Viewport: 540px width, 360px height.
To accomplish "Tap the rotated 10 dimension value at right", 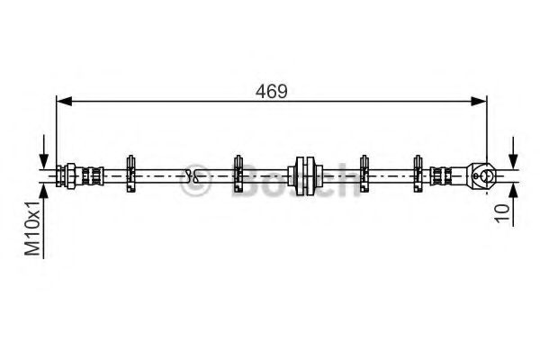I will coord(503,213).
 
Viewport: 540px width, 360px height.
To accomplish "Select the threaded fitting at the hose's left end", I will coord(76,174).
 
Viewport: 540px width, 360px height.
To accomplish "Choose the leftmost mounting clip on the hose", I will coord(130,174).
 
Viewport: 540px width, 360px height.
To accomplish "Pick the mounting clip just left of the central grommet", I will coord(238,174).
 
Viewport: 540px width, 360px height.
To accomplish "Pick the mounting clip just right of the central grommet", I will coord(365,174).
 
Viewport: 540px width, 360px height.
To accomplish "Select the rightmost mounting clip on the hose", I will coord(418,174).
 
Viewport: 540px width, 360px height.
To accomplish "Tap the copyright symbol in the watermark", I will coord(194,185).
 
